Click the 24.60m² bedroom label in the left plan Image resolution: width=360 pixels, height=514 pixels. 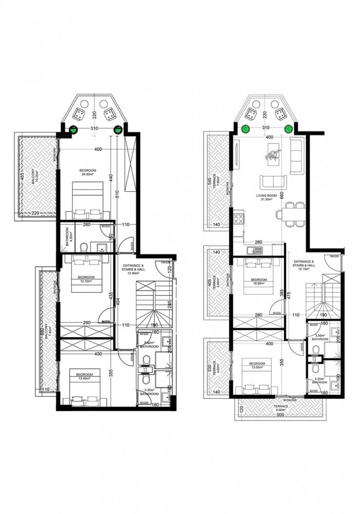coord(85,173)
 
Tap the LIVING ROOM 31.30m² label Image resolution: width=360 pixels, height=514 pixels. coord(267,198)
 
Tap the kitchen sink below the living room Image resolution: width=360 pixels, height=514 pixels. coord(254,250)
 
